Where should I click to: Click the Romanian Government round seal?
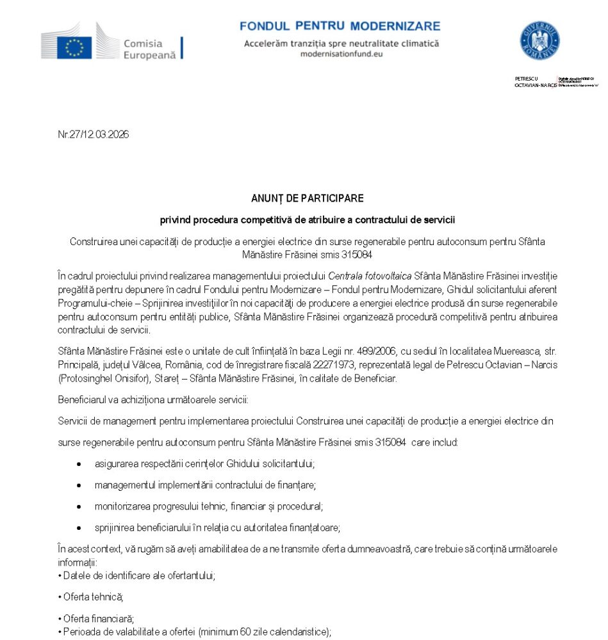pyautogui.click(x=539, y=41)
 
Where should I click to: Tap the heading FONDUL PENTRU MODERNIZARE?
pyautogui.click(x=340, y=26)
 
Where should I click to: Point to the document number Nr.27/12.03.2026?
pyautogui.click(x=93, y=134)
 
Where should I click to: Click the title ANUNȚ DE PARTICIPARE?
pyautogui.click(x=307, y=198)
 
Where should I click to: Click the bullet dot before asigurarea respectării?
pyautogui.click(x=79, y=463)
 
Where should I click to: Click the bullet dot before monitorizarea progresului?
pyautogui.click(x=79, y=506)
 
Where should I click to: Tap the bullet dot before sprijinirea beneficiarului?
pyautogui.click(x=79, y=528)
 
